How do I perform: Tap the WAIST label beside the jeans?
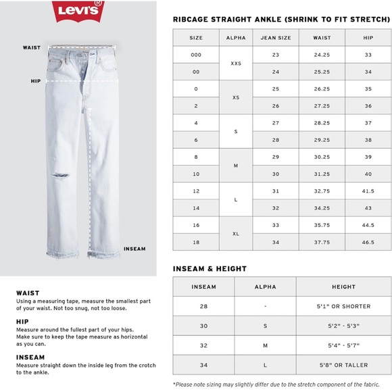32,47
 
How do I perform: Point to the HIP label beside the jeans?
36,80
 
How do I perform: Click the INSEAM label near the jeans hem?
134,249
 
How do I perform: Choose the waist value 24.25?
322,55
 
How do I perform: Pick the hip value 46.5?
368,242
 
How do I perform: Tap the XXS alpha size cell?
236,63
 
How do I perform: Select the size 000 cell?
196,55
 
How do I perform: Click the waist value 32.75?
322,191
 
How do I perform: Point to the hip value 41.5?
368,191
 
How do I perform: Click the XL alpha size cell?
236,233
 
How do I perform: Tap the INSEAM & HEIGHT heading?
210,269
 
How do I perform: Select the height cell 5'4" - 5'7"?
339,345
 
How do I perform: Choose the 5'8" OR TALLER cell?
339,365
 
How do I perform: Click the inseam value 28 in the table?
203,306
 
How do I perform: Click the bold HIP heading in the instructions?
22,322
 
